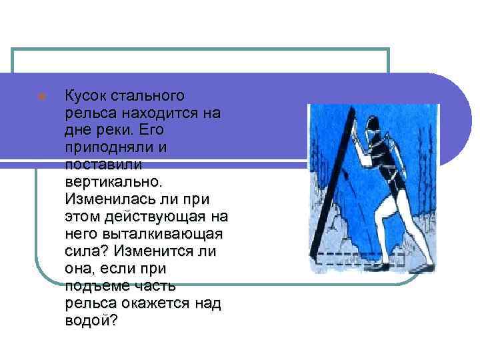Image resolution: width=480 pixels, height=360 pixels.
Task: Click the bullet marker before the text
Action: click(x=42, y=96)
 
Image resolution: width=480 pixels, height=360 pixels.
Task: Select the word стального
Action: click(x=147, y=96)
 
